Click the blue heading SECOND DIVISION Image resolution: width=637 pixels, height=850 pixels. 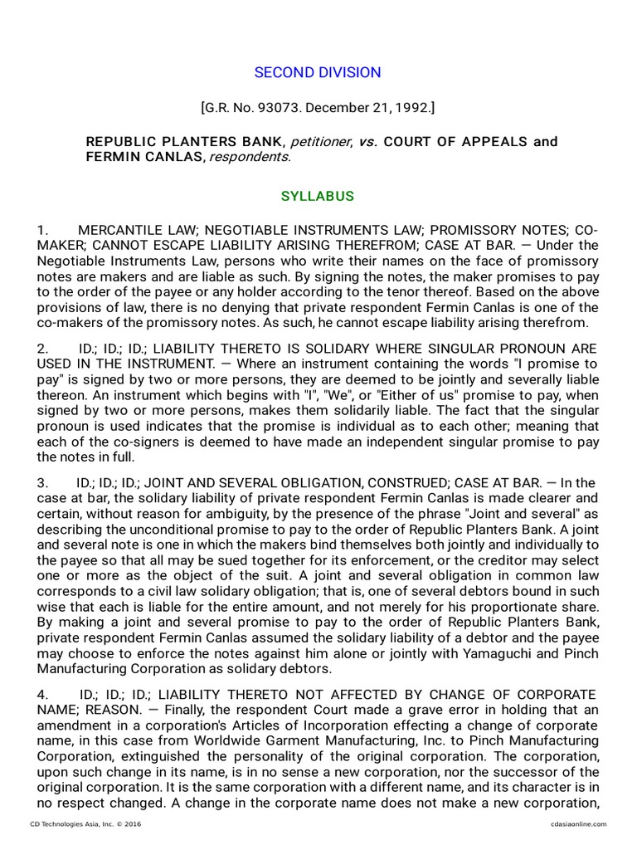coord(318,72)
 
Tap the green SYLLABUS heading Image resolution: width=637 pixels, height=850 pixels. coord(318,197)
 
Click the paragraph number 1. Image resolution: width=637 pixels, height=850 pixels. coord(42,229)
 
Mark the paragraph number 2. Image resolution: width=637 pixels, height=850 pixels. coord(42,347)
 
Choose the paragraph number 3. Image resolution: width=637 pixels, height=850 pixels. coord(42,482)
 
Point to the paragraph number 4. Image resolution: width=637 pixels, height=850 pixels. coord(42,694)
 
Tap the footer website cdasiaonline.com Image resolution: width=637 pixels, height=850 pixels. coord(577,823)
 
